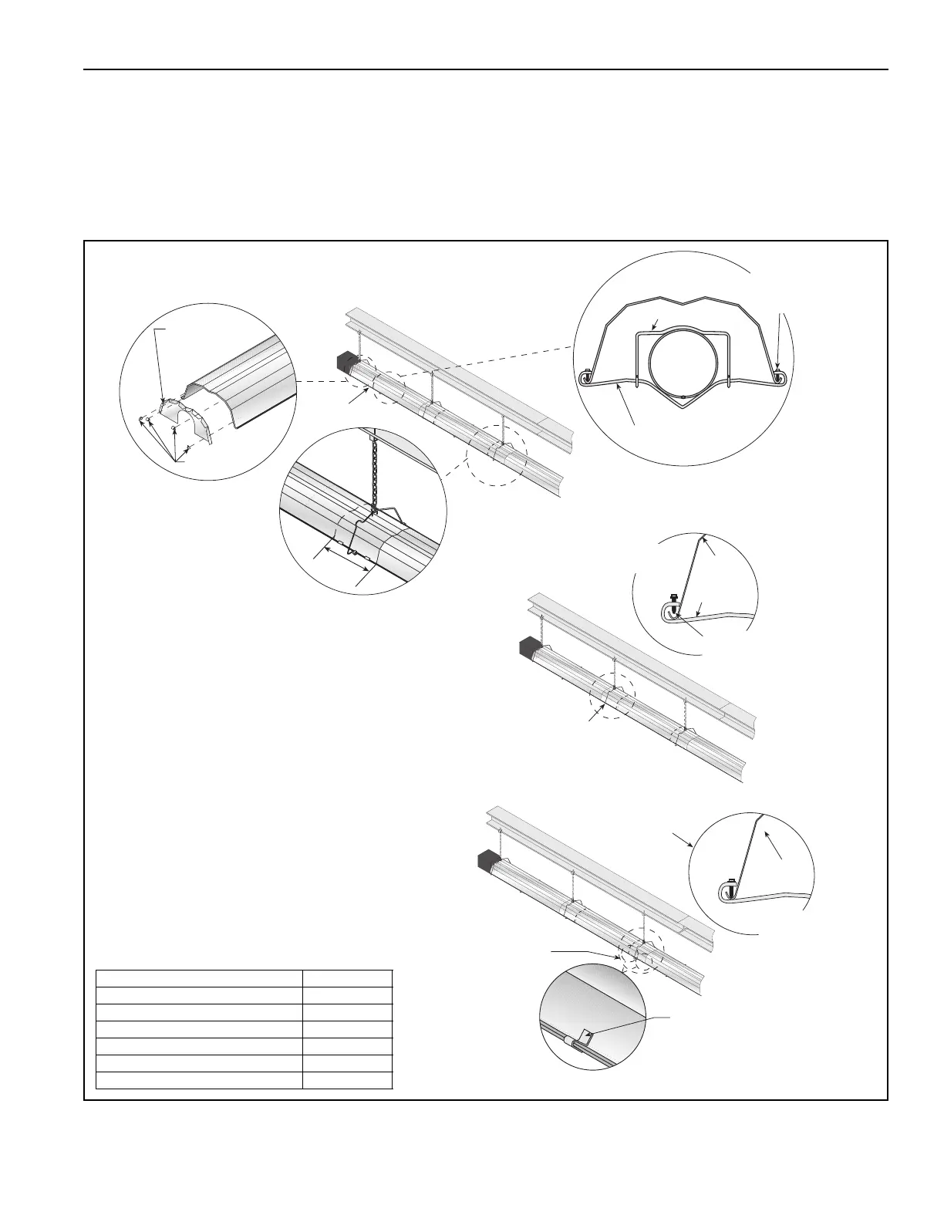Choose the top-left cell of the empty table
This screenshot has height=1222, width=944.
[198, 977]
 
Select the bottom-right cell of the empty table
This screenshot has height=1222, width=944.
[347, 1079]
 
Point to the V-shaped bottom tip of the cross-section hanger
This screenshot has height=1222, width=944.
[683, 410]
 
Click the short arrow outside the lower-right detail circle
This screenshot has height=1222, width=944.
[681, 839]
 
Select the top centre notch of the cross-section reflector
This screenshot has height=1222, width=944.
[683, 300]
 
